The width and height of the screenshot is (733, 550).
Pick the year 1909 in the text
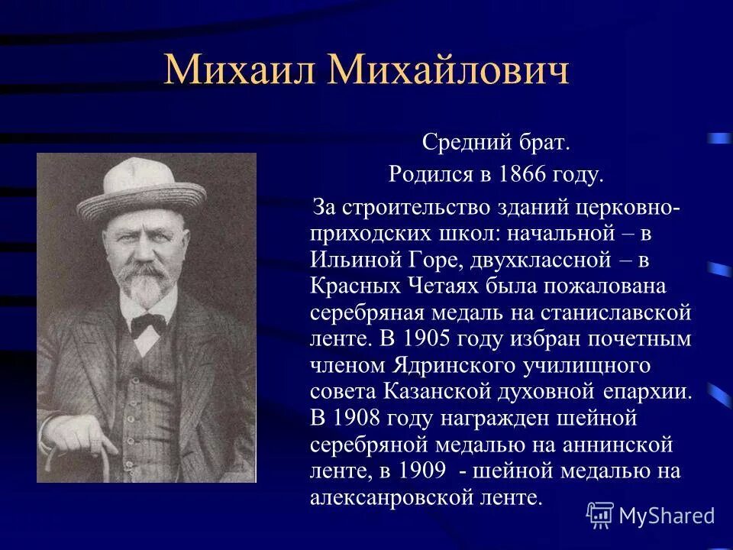point(427,471)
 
